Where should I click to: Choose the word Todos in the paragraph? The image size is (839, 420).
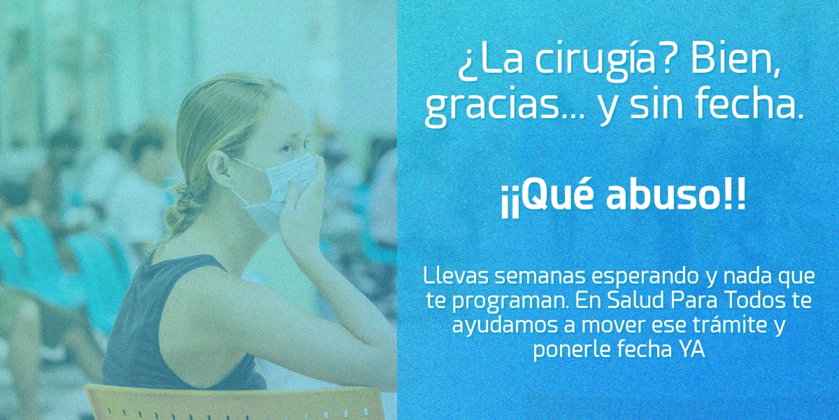[x=767, y=301]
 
